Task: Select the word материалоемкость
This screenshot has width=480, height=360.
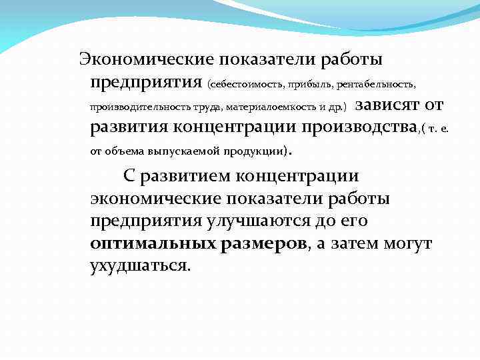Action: click(265, 107)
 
